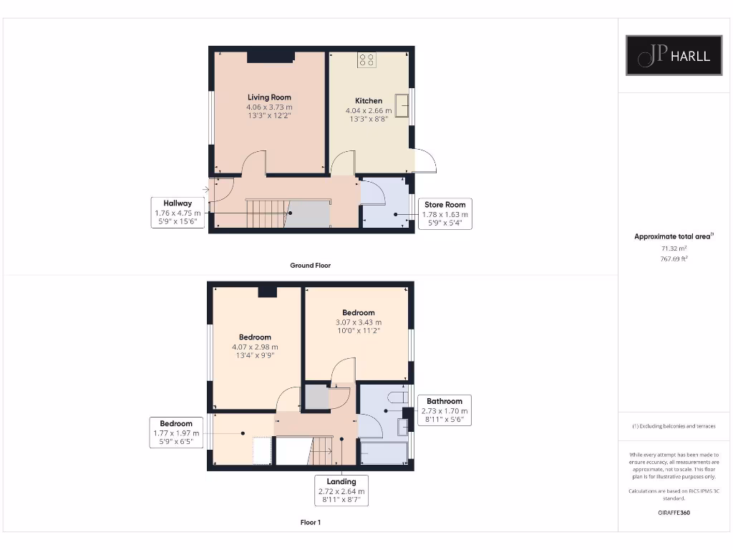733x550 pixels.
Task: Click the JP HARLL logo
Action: (674, 55)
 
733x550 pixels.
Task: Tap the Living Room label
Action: (269, 97)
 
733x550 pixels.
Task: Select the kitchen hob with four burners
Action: (367, 60)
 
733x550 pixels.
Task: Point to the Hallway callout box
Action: (178, 213)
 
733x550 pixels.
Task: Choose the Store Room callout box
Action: (445, 214)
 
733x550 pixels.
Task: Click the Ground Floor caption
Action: (310, 265)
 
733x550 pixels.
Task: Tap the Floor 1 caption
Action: (310, 522)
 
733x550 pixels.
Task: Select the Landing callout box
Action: (341, 491)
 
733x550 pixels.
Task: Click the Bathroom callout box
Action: (445, 411)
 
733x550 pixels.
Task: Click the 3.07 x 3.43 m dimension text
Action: (358, 322)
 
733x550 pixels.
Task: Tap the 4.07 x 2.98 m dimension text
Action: (255, 347)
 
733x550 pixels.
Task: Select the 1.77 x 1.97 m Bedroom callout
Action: (176, 433)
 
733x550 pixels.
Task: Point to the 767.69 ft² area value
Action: (673, 259)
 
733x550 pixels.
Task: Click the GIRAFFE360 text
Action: (673, 513)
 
